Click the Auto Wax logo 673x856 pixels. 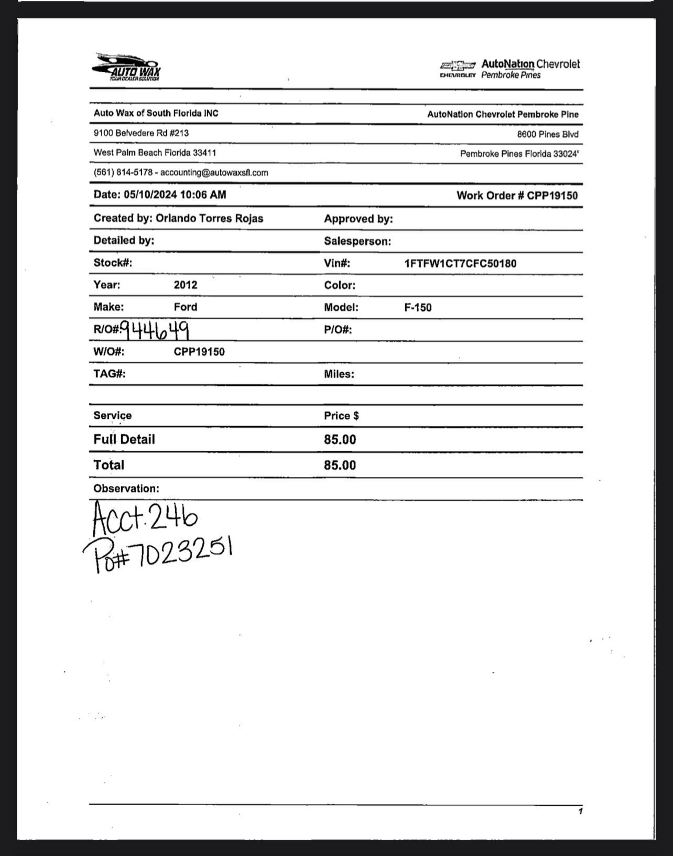pyautogui.click(x=127, y=68)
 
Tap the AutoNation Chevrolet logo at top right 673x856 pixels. pyautogui.click(x=510, y=69)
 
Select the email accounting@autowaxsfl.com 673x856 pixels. pyautogui.click(x=214, y=172)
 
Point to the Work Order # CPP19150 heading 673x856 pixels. pyautogui.click(x=517, y=196)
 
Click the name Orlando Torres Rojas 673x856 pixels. pyautogui.click(x=209, y=219)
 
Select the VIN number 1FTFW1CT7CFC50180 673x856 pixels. pyautogui.click(x=460, y=264)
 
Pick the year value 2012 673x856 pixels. pyautogui.click(x=186, y=285)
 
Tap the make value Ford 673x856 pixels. pyautogui.click(x=186, y=307)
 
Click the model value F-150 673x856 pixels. pyautogui.click(x=418, y=308)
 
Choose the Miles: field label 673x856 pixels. pyautogui.click(x=339, y=374)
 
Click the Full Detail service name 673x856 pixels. pyautogui.click(x=124, y=439)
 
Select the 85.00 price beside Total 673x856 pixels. pyautogui.click(x=340, y=465)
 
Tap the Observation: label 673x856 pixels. pyautogui.click(x=126, y=489)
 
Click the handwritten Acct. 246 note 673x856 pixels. pyautogui.click(x=145, y=519)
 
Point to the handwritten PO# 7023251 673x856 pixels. pyautogui.click(x=157, y=555)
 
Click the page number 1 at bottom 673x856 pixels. pyautogui.click(x=580, y=812)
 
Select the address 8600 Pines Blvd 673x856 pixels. pyautogui.click(x=548, y=134)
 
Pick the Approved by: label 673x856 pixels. pyautogui.click(x=358, y=219)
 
